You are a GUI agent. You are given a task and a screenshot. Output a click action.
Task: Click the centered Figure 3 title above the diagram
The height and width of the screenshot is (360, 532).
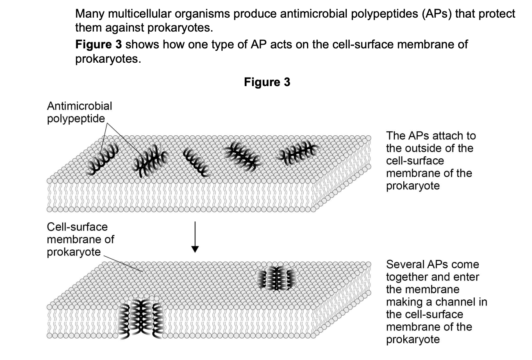click(267, 82)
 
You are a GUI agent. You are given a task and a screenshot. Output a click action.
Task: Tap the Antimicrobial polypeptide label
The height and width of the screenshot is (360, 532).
click(79, 112)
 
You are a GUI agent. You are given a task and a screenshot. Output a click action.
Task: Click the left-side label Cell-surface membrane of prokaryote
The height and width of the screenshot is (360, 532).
click(80, 239)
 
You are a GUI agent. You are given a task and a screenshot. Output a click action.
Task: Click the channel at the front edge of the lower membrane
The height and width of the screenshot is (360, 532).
click(141, 318)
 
